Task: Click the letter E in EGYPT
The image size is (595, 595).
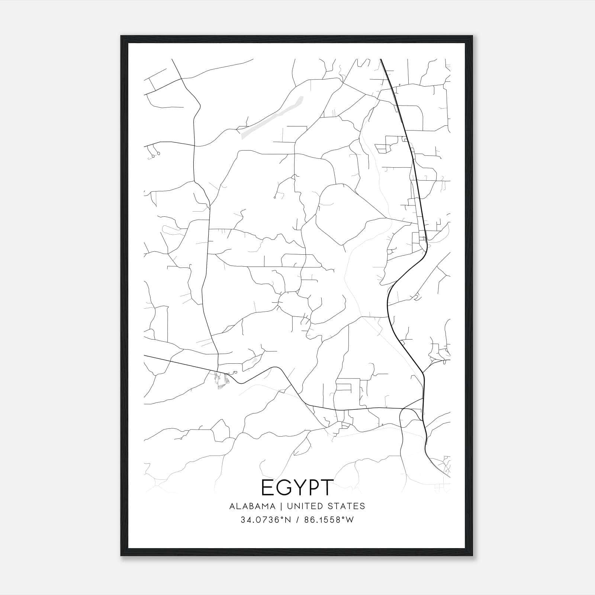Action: (268, 488)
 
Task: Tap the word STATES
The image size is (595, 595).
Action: (347, 506)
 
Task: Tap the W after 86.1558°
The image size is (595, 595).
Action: (349, 520)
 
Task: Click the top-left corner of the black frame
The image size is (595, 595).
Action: (122, 36)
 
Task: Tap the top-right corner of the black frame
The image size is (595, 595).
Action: (472, 36)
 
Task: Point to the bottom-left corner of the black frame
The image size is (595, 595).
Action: (122, 555)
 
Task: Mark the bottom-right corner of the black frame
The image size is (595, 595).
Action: (472, 555)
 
